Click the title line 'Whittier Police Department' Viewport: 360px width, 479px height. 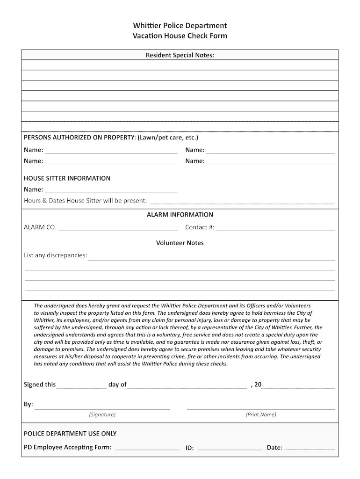[180, 25]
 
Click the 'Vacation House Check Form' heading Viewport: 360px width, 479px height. [180, 36]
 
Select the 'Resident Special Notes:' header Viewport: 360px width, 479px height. [180, 55]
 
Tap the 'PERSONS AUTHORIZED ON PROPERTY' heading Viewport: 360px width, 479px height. [111, 138]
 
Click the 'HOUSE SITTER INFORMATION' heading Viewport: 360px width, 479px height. [67, 178]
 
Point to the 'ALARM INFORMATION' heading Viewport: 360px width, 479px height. [180, 215]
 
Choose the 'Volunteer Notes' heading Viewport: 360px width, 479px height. [180, 243]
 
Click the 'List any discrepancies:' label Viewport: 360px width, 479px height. [56, 255]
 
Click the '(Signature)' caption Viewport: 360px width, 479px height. [102, 414]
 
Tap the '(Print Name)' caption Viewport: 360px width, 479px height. [261, 414]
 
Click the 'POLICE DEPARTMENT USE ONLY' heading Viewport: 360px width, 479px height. [70, 434]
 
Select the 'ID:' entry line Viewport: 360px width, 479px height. [230, 448]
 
